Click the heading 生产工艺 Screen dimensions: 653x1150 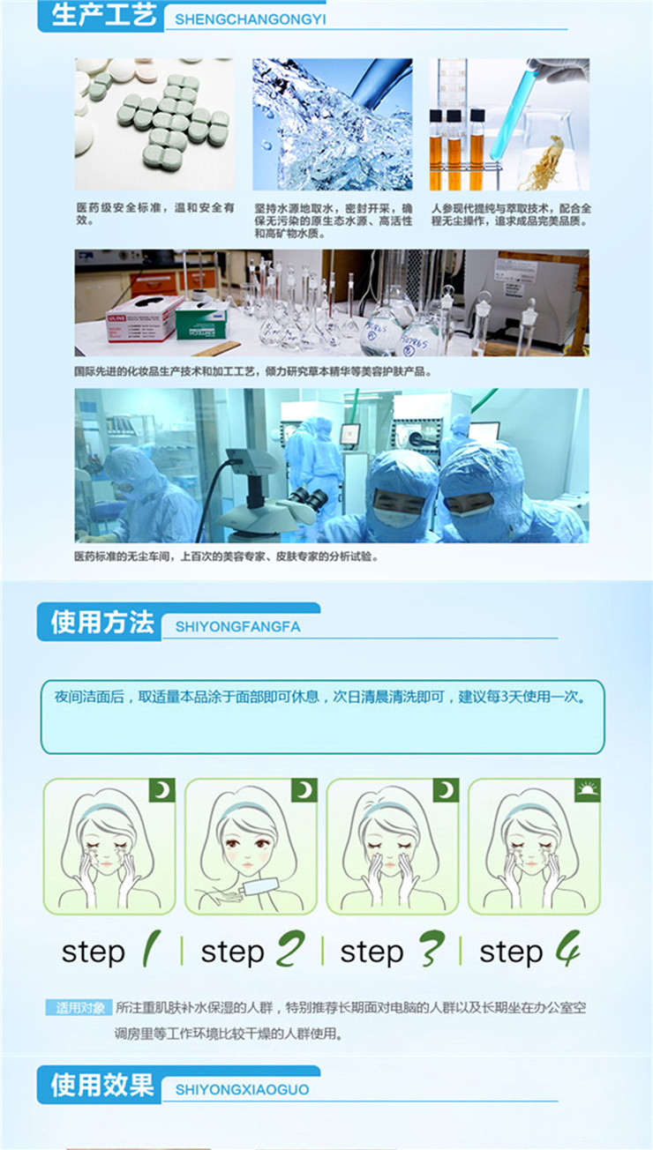pyautogui.click(x=104, y=14)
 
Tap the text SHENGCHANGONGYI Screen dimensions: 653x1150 pyautogui.click(x=251, y=19)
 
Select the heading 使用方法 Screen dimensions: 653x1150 pyautogui.click(x=102, y=623)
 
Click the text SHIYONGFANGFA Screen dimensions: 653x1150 pyautogui.click(x=238, y=627)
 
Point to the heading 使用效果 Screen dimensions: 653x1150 pyautogui.click(x=102, y=1085)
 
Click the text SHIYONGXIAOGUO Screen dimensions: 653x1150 pyautogui.click(x=242, y=1089)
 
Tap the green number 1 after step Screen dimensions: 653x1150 pyautogui.click(x=151, y=949)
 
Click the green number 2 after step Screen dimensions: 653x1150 pyautogui.click(x=290, y=949)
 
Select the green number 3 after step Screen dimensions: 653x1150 pyautogui.click(x=432, y=949)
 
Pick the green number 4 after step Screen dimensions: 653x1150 pyautogui.click(x=567, y=949)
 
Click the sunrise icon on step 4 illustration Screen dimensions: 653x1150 pyautogui.click(x=587, y=790)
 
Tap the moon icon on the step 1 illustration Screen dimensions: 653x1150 pyautogui.click(x=162, y=790)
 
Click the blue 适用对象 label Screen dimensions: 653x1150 pyautogui.click(x=79, y=1008)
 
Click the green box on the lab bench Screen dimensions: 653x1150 pyautogui.click(x=201, y=323)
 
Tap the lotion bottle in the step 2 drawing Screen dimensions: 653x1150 pyautogui.click(x=260, y=886)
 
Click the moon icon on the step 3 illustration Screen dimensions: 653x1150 pyautogui.click(x=446, y=790)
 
